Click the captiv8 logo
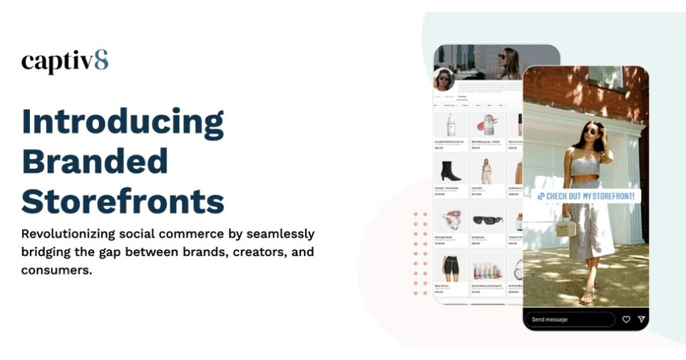click(65, 61)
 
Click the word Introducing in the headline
click(123, 122)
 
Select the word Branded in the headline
click(95, 161)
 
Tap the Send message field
click(568, 319)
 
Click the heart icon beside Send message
click(626, 319)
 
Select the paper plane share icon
click(641, 319)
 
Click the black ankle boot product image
click(451, 171)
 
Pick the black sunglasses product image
click(488, 220)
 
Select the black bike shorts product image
click(451, 267)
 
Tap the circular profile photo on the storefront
click(444, 78)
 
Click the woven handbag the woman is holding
click(566, 227)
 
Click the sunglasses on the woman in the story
click(591, 131)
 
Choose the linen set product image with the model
click(487, 171)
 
